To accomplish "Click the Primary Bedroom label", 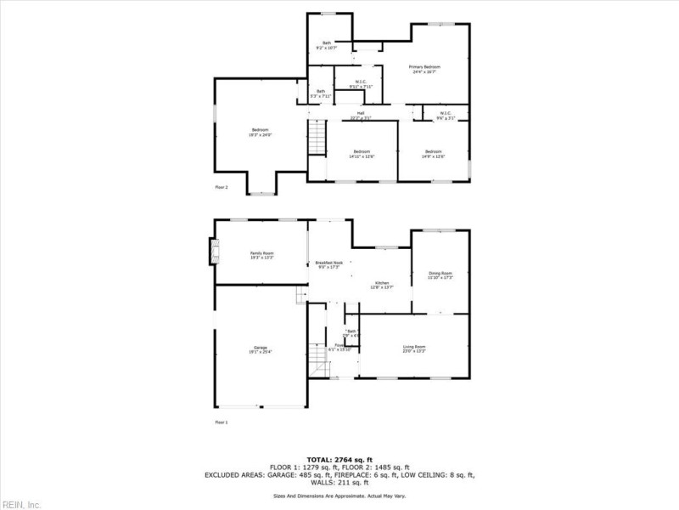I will pyautogui.click(x=425, y=69).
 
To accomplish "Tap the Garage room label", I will pyautogui.click(x=261, y=348).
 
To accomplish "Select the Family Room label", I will pyautogui.click(x=261, y=255).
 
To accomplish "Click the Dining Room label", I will pyautogui.click(x=441, y=275).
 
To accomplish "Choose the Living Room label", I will pyautogui.click(x=414, y=348).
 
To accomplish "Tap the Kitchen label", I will pyautogui.click(x=382, y=284).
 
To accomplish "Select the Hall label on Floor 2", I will pyautogui.click(x=361, y=115).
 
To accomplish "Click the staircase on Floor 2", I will pyautogui.click(x=317, y=139).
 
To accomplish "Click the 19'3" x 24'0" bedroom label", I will pyautogui.click(x=260, y=132).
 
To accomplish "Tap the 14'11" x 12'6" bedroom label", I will pyautogui.click(x=362, y=153).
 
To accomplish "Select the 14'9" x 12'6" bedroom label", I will pyautogui.click(x=433, y=153).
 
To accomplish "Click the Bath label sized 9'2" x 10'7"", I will pyautogui.click(x=326, y=46).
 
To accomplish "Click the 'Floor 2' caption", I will pyautogui.click(x=221, y=186).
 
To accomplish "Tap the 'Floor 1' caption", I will pyautogui.click(x=221, y=422).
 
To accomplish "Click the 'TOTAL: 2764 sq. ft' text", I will pyautogui.click(x=339, y=459).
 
